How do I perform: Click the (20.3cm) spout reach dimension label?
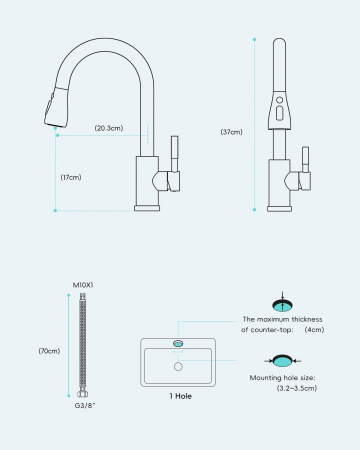[109, 128]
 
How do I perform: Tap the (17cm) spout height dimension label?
[71, 177]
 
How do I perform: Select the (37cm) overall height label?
[232, 132]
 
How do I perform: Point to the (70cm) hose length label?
[49, 351]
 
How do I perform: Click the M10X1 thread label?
[83, 285]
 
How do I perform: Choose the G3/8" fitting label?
[85, 406]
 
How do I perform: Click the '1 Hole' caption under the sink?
[180, 396]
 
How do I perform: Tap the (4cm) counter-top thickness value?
[314, 330]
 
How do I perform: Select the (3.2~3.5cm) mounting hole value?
[297, 388]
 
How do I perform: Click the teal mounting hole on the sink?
[178, 343]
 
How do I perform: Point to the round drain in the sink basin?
[178, 367]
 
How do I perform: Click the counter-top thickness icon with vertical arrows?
[282, 302]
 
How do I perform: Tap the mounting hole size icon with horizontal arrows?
[282, 361]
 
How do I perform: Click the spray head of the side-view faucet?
[57, 107]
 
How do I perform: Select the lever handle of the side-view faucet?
[174, 163]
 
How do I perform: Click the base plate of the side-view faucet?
[147, 208]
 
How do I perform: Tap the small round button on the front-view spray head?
[280, 100]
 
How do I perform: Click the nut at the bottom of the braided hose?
[83, 394]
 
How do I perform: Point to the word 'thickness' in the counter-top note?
[307, 319]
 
